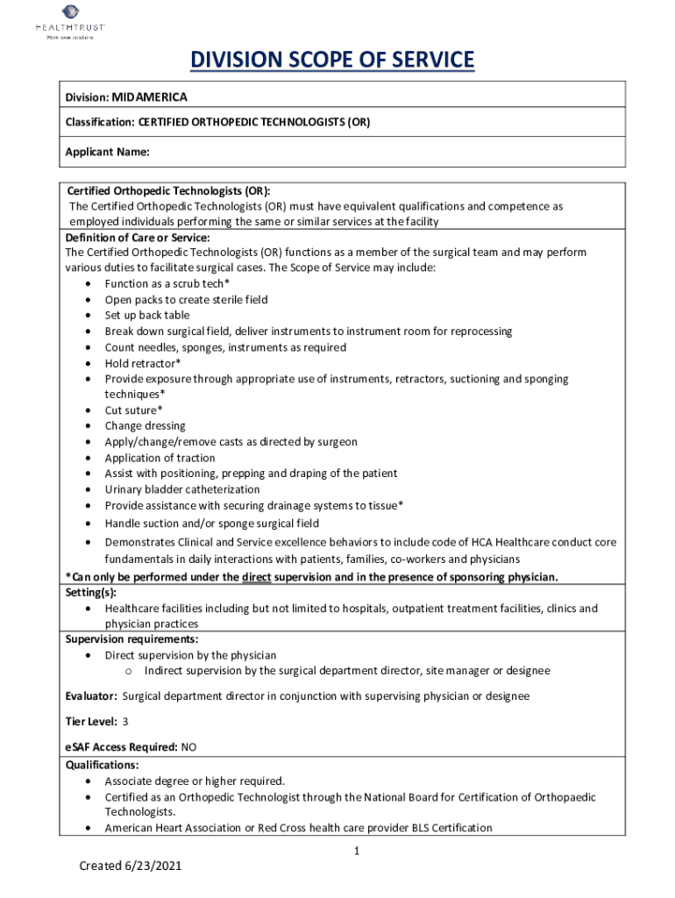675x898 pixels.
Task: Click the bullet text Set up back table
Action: click(147, 315)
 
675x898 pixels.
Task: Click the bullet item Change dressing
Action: click(146, 425)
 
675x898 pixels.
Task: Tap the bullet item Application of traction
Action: click(160, 458)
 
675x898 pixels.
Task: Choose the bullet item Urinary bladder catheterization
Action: click(182, 489)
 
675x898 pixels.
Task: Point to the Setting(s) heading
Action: click(90, 592)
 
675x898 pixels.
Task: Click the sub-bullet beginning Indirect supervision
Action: click(347, 671)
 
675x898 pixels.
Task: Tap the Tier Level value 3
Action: click(125, 721)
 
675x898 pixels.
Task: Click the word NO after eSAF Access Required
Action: click(188, 747)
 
